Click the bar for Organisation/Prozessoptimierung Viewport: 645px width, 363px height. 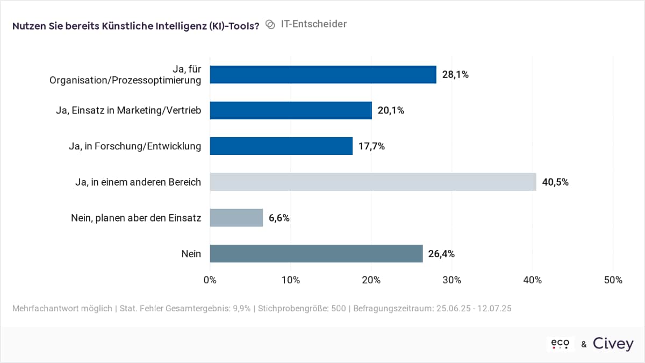[x=322, y=75]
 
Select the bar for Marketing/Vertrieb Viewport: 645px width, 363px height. [x=290, y=110]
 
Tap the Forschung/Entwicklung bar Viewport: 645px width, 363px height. [x=281, y=146]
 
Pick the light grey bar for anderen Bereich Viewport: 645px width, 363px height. [x=372, y=182]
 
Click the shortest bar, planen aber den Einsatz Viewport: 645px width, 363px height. [x=236, y=218]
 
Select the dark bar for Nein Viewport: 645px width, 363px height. [x=316, y=253]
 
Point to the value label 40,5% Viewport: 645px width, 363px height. [x=555, y=182]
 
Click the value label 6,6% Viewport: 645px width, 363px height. [x=279, y=218]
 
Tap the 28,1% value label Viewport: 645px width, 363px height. [x=455, y=75]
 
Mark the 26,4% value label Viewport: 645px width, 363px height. [x=441, y=253]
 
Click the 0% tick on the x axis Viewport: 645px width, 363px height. [x=210, y=280]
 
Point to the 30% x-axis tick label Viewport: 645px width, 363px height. [x=451, y=280]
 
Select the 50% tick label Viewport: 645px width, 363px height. [x=613, y=280]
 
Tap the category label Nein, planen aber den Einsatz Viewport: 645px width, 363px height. [x=136, y=218]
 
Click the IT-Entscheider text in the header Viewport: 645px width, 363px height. [x=314, y=24]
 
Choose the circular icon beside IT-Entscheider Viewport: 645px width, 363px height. [x=270, y=25]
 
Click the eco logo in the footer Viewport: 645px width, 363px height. [x=560, y=344]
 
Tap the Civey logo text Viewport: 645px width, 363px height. [x=613, y=344]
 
